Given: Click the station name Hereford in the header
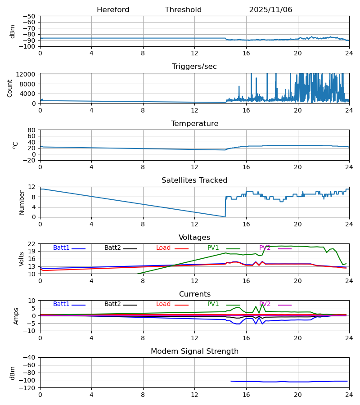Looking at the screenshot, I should point(113,10).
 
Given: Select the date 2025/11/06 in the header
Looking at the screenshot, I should point(270,10).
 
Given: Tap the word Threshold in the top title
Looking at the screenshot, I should point(183,10).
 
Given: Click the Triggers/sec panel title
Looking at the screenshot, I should point(194,67).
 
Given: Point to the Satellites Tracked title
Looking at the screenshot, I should point(194,180).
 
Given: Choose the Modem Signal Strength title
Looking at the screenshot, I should point(194,351).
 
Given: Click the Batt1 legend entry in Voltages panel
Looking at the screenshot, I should point(62,248).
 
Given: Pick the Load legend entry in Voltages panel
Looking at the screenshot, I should point(163,248).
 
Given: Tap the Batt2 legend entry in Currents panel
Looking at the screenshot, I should point(112,304).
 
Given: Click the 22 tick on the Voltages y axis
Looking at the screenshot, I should point(32,244).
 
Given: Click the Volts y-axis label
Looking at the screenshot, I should point(22,259).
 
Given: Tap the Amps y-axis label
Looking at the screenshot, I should point(16,316).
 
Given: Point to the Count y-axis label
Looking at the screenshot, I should point(10,88).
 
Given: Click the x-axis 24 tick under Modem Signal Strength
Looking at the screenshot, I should point(349,395).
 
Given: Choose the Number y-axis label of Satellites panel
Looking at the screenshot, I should point(22,202).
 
